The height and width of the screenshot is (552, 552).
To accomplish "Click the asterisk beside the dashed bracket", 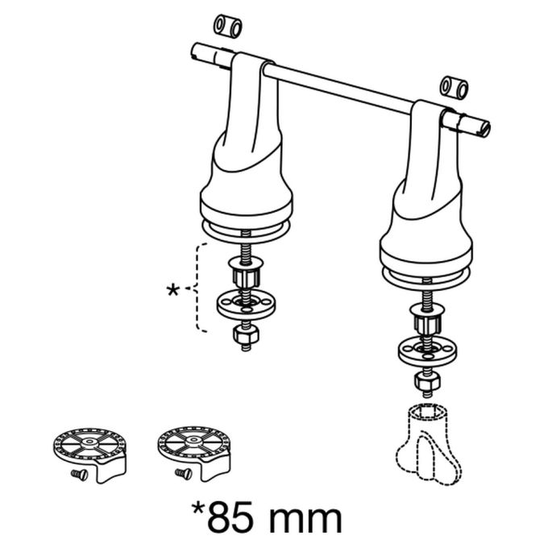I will pyautogui.click(x=172, y=291).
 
